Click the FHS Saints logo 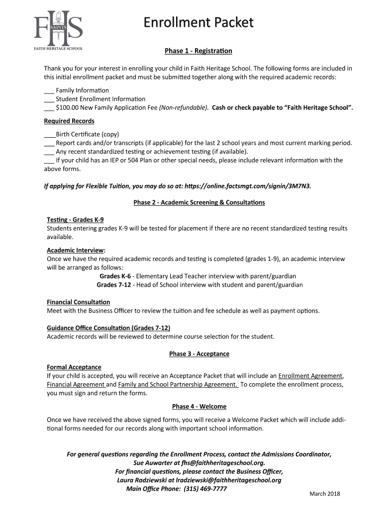(58, 30)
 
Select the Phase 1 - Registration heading (198, 51)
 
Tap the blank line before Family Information (49, 90)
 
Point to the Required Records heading (69, 121)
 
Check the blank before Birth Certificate (49, 135)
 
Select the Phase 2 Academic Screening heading (199, 203)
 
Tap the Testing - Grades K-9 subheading (75, 220)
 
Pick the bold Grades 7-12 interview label (114, 285)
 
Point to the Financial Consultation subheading (79, 302)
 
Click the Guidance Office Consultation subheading (108, 328)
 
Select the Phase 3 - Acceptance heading (199, 354)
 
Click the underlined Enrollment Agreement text (310, 376)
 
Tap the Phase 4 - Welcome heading (199, 407)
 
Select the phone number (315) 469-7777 (205, 489)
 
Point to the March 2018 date (325, 494)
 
